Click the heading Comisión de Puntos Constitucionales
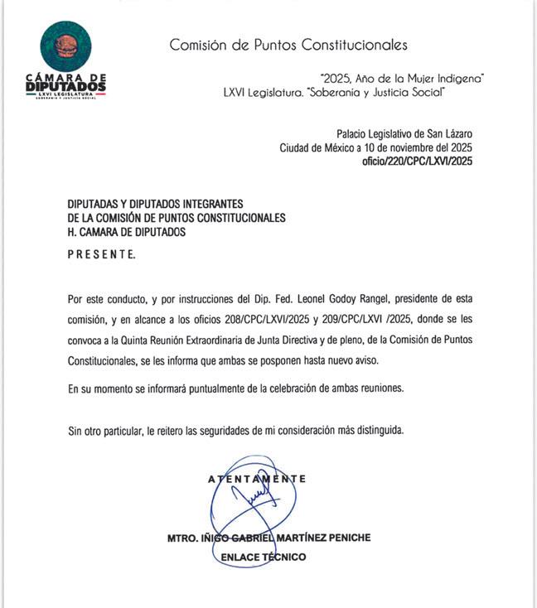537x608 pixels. point(288,45)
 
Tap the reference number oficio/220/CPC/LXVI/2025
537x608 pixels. point(418,162)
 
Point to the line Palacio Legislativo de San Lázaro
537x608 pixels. point(404,133)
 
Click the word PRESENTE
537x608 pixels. point(101,254)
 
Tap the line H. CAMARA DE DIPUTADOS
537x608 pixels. point(127,233)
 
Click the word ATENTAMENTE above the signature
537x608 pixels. point(257,479)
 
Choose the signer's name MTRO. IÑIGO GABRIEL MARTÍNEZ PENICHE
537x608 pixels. point(268,538)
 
